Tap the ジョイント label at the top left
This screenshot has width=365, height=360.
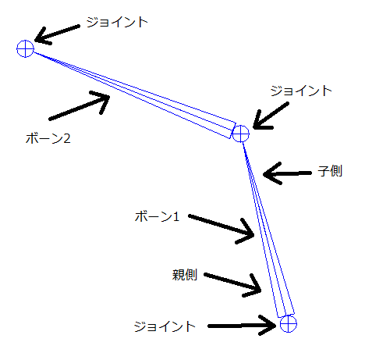tap(117, 22)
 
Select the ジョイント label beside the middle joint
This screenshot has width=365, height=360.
tap(301, 91)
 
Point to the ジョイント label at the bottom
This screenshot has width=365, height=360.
tap(165, 326)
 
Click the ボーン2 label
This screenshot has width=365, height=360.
tap(48, 138)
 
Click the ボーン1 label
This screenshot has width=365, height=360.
tap(158, 216)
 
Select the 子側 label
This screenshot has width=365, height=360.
tap(330, 171)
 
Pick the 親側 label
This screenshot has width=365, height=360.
tap(185, 275)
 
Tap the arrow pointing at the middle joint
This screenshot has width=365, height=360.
tap(271, 116)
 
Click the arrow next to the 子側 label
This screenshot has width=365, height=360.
tap(287, 173)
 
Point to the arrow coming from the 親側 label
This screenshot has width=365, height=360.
tap(232, 283)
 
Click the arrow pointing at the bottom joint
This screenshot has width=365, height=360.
tap(242, 326)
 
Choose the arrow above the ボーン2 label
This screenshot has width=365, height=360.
tap(80, 105)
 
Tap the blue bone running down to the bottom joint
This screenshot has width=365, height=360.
tap(268, 229)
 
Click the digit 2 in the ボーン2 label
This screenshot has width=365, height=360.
tap(67, 138)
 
